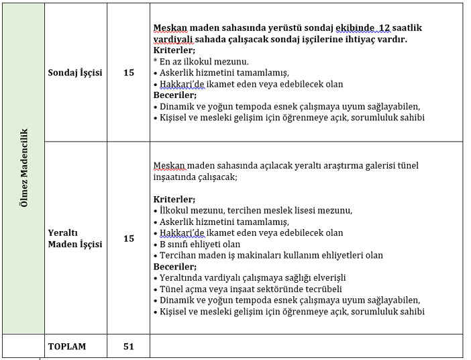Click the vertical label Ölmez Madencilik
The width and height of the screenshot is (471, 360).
coord(23,168)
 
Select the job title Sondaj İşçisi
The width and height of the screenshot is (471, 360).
coord(75,73)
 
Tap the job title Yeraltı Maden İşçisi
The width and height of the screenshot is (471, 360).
coord(75,238)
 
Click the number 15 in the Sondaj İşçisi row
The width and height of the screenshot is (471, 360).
coord(129,73)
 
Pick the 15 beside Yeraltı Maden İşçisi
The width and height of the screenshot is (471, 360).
coord(129,238)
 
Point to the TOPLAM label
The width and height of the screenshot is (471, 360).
coord(67,347)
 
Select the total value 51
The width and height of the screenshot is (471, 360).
coord(129,347)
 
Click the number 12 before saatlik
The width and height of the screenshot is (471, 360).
coord(384,28)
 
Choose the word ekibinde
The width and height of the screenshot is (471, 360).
coord(354,28)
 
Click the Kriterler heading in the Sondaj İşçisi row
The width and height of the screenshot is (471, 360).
coord(174,50)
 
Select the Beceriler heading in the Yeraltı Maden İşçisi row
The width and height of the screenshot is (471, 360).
coord(174,267)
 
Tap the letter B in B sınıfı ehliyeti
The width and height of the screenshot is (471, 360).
coord(163,244)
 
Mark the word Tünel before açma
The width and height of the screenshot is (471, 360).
coord(172,289)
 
